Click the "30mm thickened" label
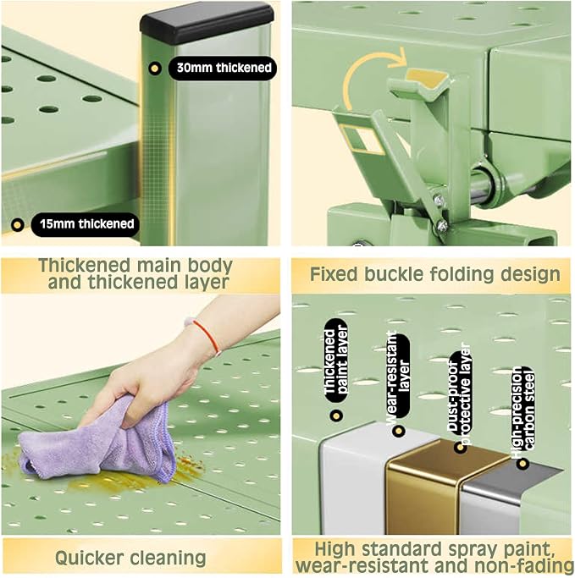coord(223,68)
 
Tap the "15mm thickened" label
coord(86,223)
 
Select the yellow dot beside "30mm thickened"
coord(154,69)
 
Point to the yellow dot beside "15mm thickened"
coord(17,224)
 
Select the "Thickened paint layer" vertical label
coord(335,361)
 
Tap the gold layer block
coord(424,487)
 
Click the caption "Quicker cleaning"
coord(130,558)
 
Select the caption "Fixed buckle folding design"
coord(434,274)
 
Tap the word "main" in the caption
coord(158,265)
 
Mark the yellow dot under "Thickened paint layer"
coord(336,416)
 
